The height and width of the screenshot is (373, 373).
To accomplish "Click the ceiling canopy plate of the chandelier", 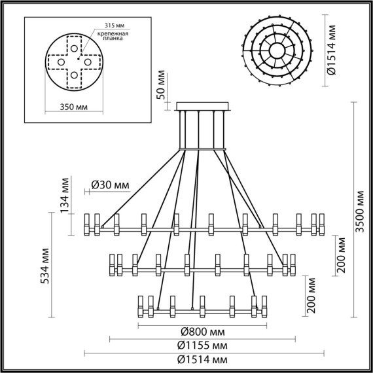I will [203, 106].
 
